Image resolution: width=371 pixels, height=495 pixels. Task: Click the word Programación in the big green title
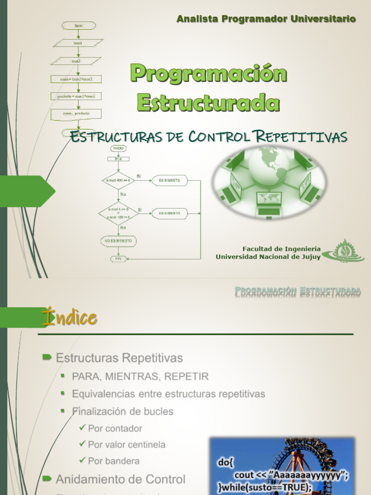pyautogui.click(x=208, y=73)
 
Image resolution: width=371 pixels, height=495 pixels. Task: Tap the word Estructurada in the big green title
pyautogui.click(x=208, y=102)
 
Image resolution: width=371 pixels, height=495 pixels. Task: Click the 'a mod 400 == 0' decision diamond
pyautogui.click(x=118, y=180)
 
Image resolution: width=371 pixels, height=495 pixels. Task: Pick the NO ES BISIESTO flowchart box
pyautogui.click(x=118, y=240)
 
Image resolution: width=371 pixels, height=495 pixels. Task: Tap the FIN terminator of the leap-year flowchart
pyautogui.click(x=118, y=259)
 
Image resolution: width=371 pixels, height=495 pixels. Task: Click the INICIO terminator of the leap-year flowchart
pyautogui.click(x=118, y=147)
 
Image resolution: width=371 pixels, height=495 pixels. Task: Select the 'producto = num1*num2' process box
pyautogui.click(x=77, y=96)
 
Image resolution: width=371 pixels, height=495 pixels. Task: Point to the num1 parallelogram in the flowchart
pyautogui.click(x=77, y=43)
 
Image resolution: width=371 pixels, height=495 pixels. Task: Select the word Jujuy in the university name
pyautogui.click(x=308, y=257)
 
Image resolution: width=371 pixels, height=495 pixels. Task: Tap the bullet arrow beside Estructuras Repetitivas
pyautogui.click(x=47, y=357)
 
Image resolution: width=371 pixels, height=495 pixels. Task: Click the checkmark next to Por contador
pyautogui.click(x=82, y=427)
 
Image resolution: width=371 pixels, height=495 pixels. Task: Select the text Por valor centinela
pyautogui.click(x=127, y=444)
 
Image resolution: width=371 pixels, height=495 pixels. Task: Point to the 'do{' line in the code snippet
pyautogui.click(x=225, y=463)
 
